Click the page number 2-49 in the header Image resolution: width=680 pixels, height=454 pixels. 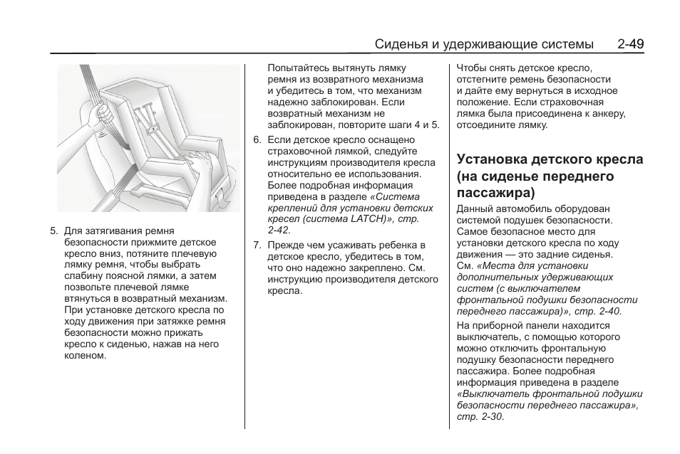(x=631, y=44)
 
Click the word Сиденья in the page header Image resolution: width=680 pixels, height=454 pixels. (x=401, y=44)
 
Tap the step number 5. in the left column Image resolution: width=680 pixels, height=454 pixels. (x=54, y=231)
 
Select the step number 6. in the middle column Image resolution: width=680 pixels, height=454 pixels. (x=257, y=140)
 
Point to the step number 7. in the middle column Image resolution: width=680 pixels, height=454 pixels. (x=257, y=246)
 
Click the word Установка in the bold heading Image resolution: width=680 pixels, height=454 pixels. (x=490, y=159)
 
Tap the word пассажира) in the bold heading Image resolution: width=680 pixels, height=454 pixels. (x=495, y=192)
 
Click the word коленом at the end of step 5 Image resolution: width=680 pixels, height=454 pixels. (x=85, y=356)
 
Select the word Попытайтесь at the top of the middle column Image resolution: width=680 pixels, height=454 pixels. (x=296, y=68)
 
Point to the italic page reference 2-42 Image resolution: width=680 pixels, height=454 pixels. (x=279, y=231)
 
